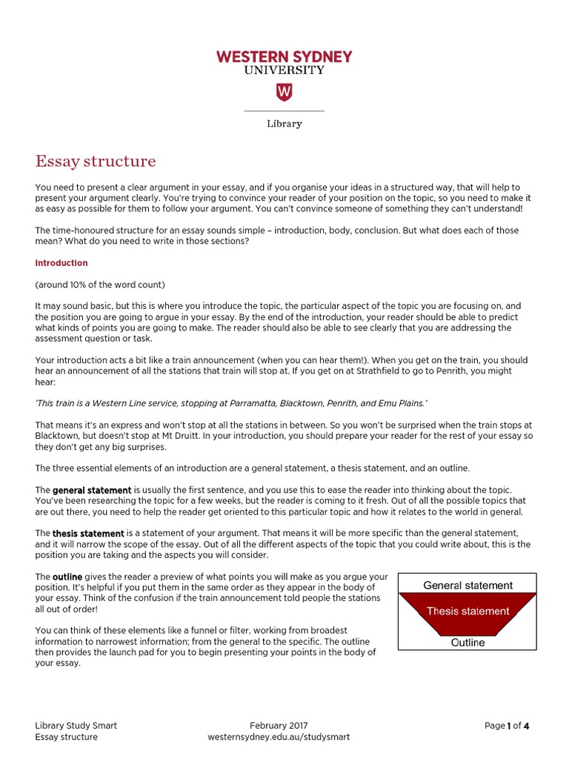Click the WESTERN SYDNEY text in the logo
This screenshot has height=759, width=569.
[284, 56]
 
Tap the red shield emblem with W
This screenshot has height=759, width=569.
[284, 92]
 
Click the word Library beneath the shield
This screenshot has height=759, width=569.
[284, 124]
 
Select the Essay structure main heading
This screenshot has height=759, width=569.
[96, 161]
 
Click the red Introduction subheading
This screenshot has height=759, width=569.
[61, 263]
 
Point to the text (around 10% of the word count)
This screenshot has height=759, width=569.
[100, 285]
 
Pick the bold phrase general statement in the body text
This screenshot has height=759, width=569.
[92, 491]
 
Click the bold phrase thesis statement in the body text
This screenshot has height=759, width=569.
[88, 534]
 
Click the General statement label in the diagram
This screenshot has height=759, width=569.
[467, 586]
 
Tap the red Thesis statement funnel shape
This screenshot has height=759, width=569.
[467, 612]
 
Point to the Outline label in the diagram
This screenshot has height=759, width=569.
[467, 643]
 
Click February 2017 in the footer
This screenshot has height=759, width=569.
[279, 726]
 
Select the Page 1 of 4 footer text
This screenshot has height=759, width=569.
[507, 726]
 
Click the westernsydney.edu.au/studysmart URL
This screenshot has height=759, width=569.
[279, 738]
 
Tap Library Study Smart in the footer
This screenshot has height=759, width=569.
[76, 726]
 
